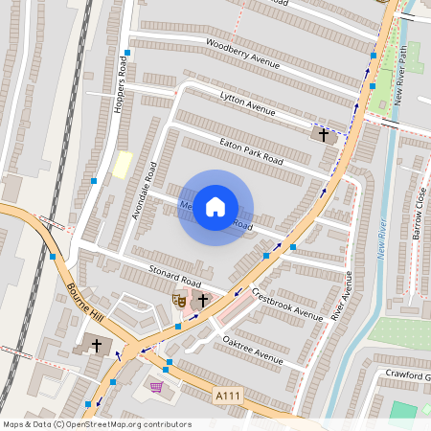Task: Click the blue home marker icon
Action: (x=215, y=207)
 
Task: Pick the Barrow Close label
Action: (x=418, y=213)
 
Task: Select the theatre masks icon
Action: (x=177, y=300)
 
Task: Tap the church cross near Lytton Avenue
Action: (x=324, y=135)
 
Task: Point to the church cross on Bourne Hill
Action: (x=96, y=344)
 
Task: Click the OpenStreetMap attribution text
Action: (x=97, y=424)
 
